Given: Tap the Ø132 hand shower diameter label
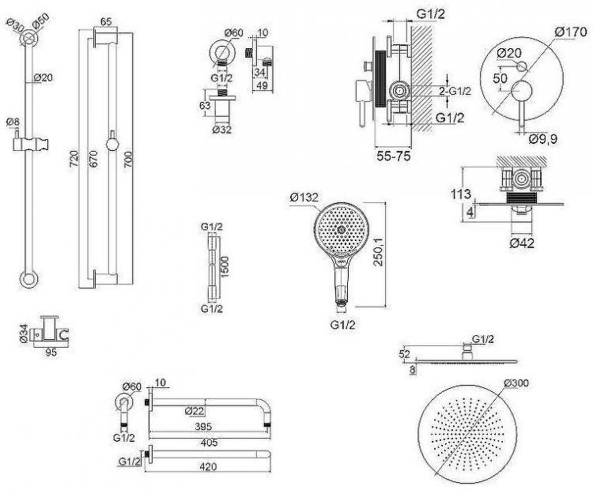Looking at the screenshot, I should click(x=304, y=197).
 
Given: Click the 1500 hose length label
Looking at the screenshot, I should click(x=226, y=267).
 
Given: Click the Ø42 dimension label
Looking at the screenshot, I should click(x=522, y=243).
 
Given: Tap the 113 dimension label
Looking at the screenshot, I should click(x=466, y=194).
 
